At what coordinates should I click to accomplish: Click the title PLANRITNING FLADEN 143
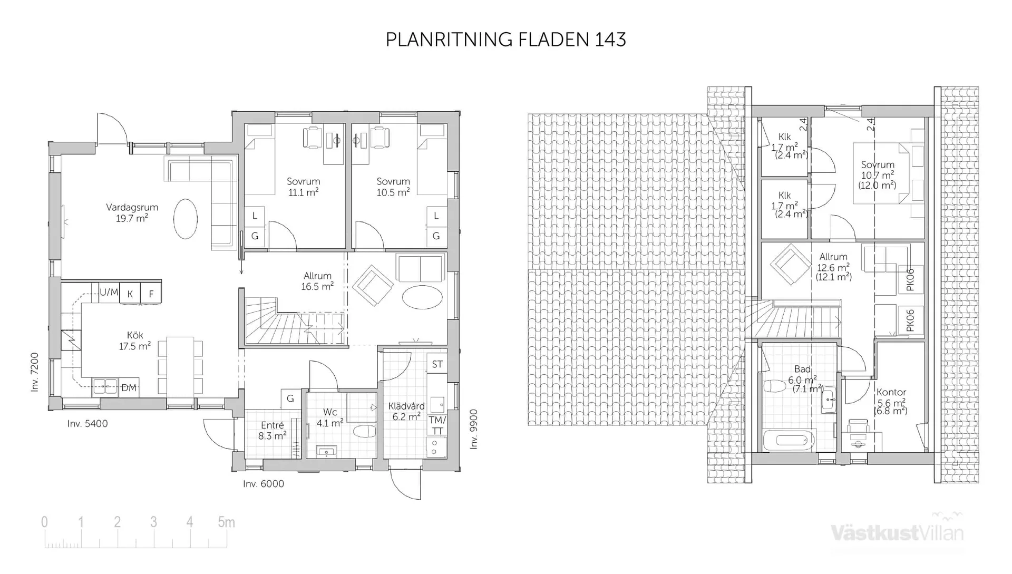[505, 40]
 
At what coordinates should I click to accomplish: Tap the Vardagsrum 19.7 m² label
[132, 213]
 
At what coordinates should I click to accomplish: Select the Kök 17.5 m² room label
[135, 341]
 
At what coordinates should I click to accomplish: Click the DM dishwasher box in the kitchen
[129, 388]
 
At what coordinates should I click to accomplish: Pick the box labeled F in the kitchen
[151, 294]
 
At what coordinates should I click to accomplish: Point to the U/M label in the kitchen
[109, 292]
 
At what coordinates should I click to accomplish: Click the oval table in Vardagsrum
[186, 218]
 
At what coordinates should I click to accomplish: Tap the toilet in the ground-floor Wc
[364, 432]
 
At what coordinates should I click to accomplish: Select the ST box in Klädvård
[437, 364]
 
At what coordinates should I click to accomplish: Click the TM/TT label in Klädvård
[437, 425]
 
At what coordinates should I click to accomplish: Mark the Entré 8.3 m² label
[272, 431]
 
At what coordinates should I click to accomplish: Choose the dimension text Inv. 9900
[474, 429]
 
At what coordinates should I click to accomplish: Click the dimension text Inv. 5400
[87, 424]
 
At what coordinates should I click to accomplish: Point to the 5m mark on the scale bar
[226, 522]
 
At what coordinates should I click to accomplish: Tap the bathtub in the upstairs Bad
[789, 441]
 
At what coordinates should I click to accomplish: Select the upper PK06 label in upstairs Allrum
[910, 280]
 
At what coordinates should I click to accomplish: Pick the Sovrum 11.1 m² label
[303, 187]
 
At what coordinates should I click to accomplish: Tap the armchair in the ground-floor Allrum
[373, 285]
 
